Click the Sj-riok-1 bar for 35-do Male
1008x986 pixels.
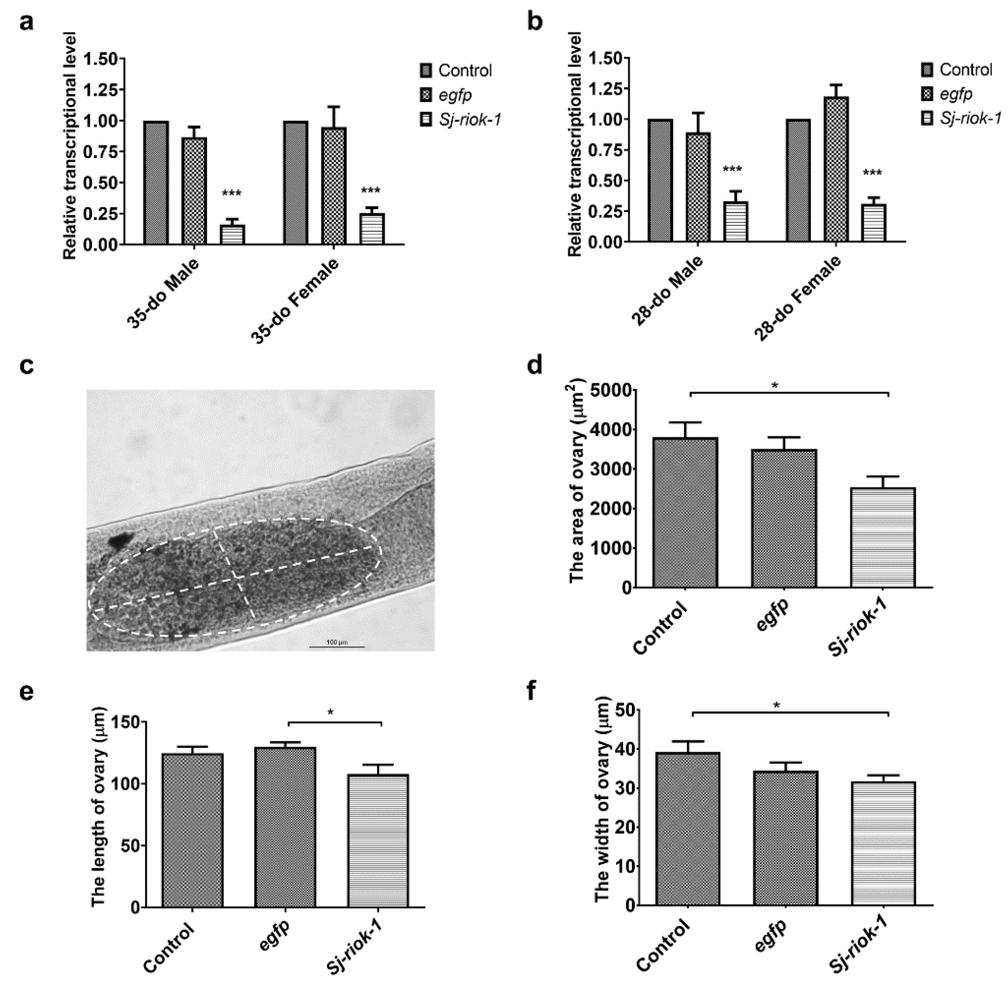click(232, 234)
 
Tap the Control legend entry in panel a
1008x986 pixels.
click(455, 70)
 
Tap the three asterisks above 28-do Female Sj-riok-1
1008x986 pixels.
click(872, 173)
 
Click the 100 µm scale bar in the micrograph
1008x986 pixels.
click(337, 645)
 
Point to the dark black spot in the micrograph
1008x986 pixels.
click(120, 541)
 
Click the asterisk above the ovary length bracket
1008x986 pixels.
click(331, 713)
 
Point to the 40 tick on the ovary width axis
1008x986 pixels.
click(624, 749)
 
